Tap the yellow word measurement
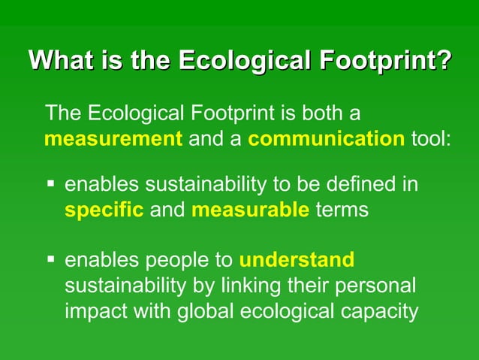pos(113,139)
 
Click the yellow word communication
pos(326,139)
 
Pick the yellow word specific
pos(104,210)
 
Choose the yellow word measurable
pos(250,210)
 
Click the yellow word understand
pos(297,260)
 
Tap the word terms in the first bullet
pos(342,210)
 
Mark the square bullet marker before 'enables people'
pos(50,260)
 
